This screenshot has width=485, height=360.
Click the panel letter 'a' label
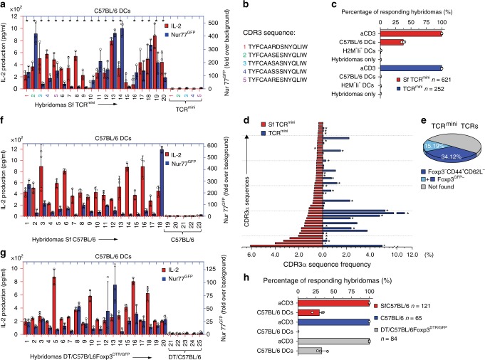[4, 5]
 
